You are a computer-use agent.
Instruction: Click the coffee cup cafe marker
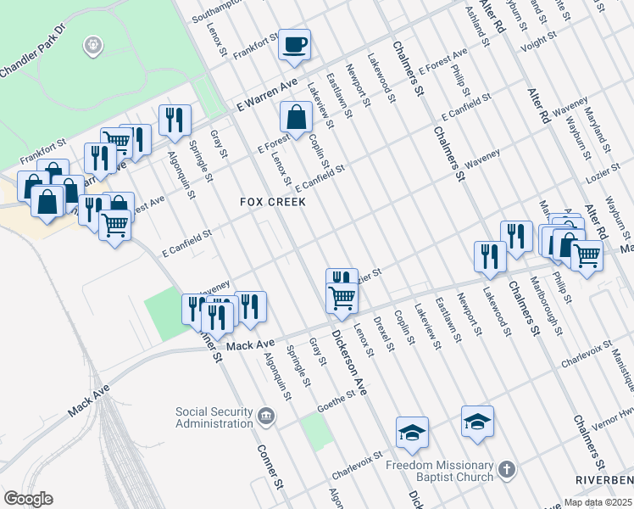[295, 45]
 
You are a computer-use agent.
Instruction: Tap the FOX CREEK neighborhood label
[272, 203]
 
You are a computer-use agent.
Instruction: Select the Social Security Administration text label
[214, 417]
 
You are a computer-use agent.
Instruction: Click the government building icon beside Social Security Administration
[266, 416]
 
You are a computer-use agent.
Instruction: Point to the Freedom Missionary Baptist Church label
[439, 471]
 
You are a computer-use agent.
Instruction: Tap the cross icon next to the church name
[506, 469]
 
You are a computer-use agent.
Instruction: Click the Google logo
[28, 499]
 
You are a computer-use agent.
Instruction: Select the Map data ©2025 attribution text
[598, 502]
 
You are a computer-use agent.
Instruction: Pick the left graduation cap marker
[412, 432]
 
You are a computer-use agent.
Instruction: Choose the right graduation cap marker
[477, 421]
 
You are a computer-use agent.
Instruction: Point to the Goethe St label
[336, 397]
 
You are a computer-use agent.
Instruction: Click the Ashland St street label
[479, 19]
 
